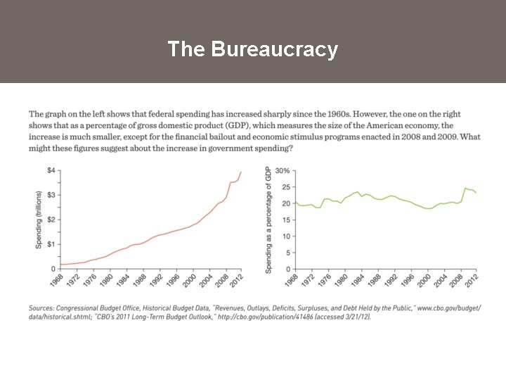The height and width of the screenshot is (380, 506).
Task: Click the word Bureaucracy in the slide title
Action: click(274, 49)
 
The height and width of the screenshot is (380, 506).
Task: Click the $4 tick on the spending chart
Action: click(51, 171)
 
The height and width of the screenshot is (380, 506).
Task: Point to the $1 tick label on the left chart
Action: click(51, 244)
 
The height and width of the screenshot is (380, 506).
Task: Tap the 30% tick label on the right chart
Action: click(282, 171)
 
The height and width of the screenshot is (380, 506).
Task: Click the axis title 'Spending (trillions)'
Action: click(39, 220)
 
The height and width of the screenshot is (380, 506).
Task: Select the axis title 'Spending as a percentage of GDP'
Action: click(268, 220)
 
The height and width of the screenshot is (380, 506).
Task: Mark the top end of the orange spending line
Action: click(241, 172)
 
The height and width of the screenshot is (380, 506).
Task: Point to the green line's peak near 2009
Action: click(465, 188)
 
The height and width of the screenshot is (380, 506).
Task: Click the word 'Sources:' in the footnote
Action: click(41, 308)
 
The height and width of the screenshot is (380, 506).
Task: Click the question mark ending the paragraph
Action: click(291, 148)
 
